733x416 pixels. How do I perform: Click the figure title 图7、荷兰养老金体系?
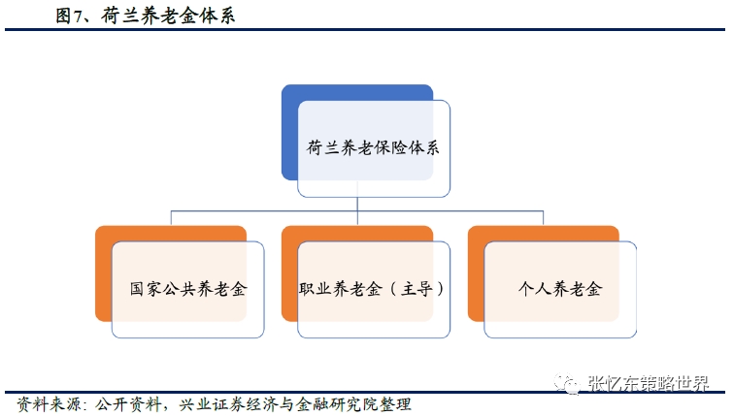[145, 16]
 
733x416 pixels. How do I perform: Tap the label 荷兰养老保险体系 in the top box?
[373, 148]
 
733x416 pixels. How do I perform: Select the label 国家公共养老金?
[187, 289]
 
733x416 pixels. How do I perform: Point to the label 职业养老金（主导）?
[373, 289]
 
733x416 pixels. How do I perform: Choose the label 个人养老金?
[560, 289]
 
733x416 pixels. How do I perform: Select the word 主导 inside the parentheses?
[417, 289]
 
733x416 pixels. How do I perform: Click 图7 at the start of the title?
[69, 16]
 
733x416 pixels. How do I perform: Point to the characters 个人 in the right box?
[530, 289]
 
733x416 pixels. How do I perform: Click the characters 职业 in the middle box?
[314, 289]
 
